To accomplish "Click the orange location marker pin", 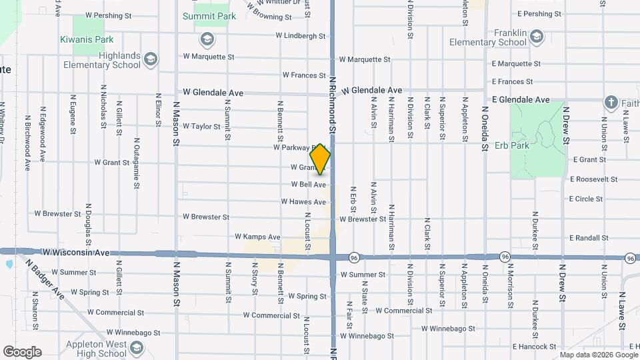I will tap(321, 159).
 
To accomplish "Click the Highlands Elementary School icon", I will tap(151, 60).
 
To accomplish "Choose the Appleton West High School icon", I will tap(137, 348).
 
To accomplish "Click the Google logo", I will tap(22, 352).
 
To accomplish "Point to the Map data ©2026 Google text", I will tap(597, 355).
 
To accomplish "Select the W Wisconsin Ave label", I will tap(75, 253).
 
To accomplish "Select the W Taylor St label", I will tap(201, 126).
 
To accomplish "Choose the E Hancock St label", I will tap(534, 347).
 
